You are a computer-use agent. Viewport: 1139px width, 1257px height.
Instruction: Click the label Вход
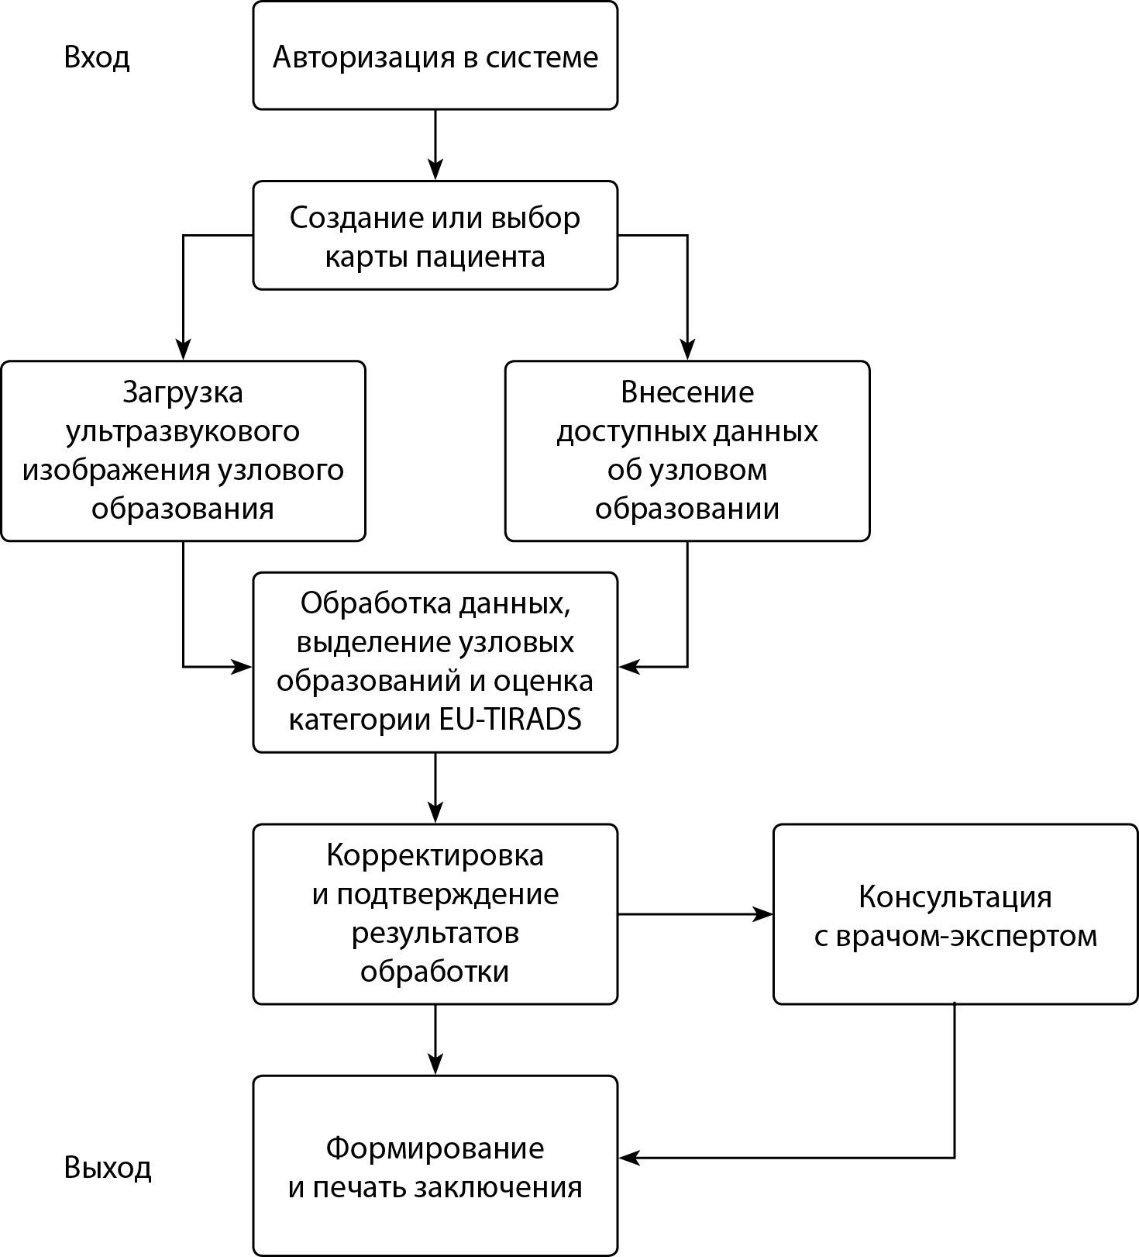(x=97, y=58)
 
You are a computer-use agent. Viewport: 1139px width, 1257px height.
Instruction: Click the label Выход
(x=108, y=1167)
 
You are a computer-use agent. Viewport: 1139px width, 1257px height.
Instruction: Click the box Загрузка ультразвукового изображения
(x=183, y=451)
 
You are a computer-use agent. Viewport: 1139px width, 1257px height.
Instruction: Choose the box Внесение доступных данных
(x=687, y=451)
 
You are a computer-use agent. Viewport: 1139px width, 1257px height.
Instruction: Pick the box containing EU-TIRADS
(x=435, y=662)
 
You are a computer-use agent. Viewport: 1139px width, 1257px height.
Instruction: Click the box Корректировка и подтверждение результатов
(x=435, y=913)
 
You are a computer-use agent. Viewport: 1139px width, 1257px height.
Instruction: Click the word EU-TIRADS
(x=510, y=720)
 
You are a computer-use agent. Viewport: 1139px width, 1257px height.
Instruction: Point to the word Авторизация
(x=364, y=58)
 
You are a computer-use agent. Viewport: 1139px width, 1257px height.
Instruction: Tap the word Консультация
(x=955, y=897)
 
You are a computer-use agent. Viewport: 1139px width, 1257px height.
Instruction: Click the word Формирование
(x=435, y=1148)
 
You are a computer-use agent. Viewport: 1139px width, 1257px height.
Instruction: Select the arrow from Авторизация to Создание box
(x=435, y=144)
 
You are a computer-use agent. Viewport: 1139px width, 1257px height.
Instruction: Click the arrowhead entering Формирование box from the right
(x=628, y=1158)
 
